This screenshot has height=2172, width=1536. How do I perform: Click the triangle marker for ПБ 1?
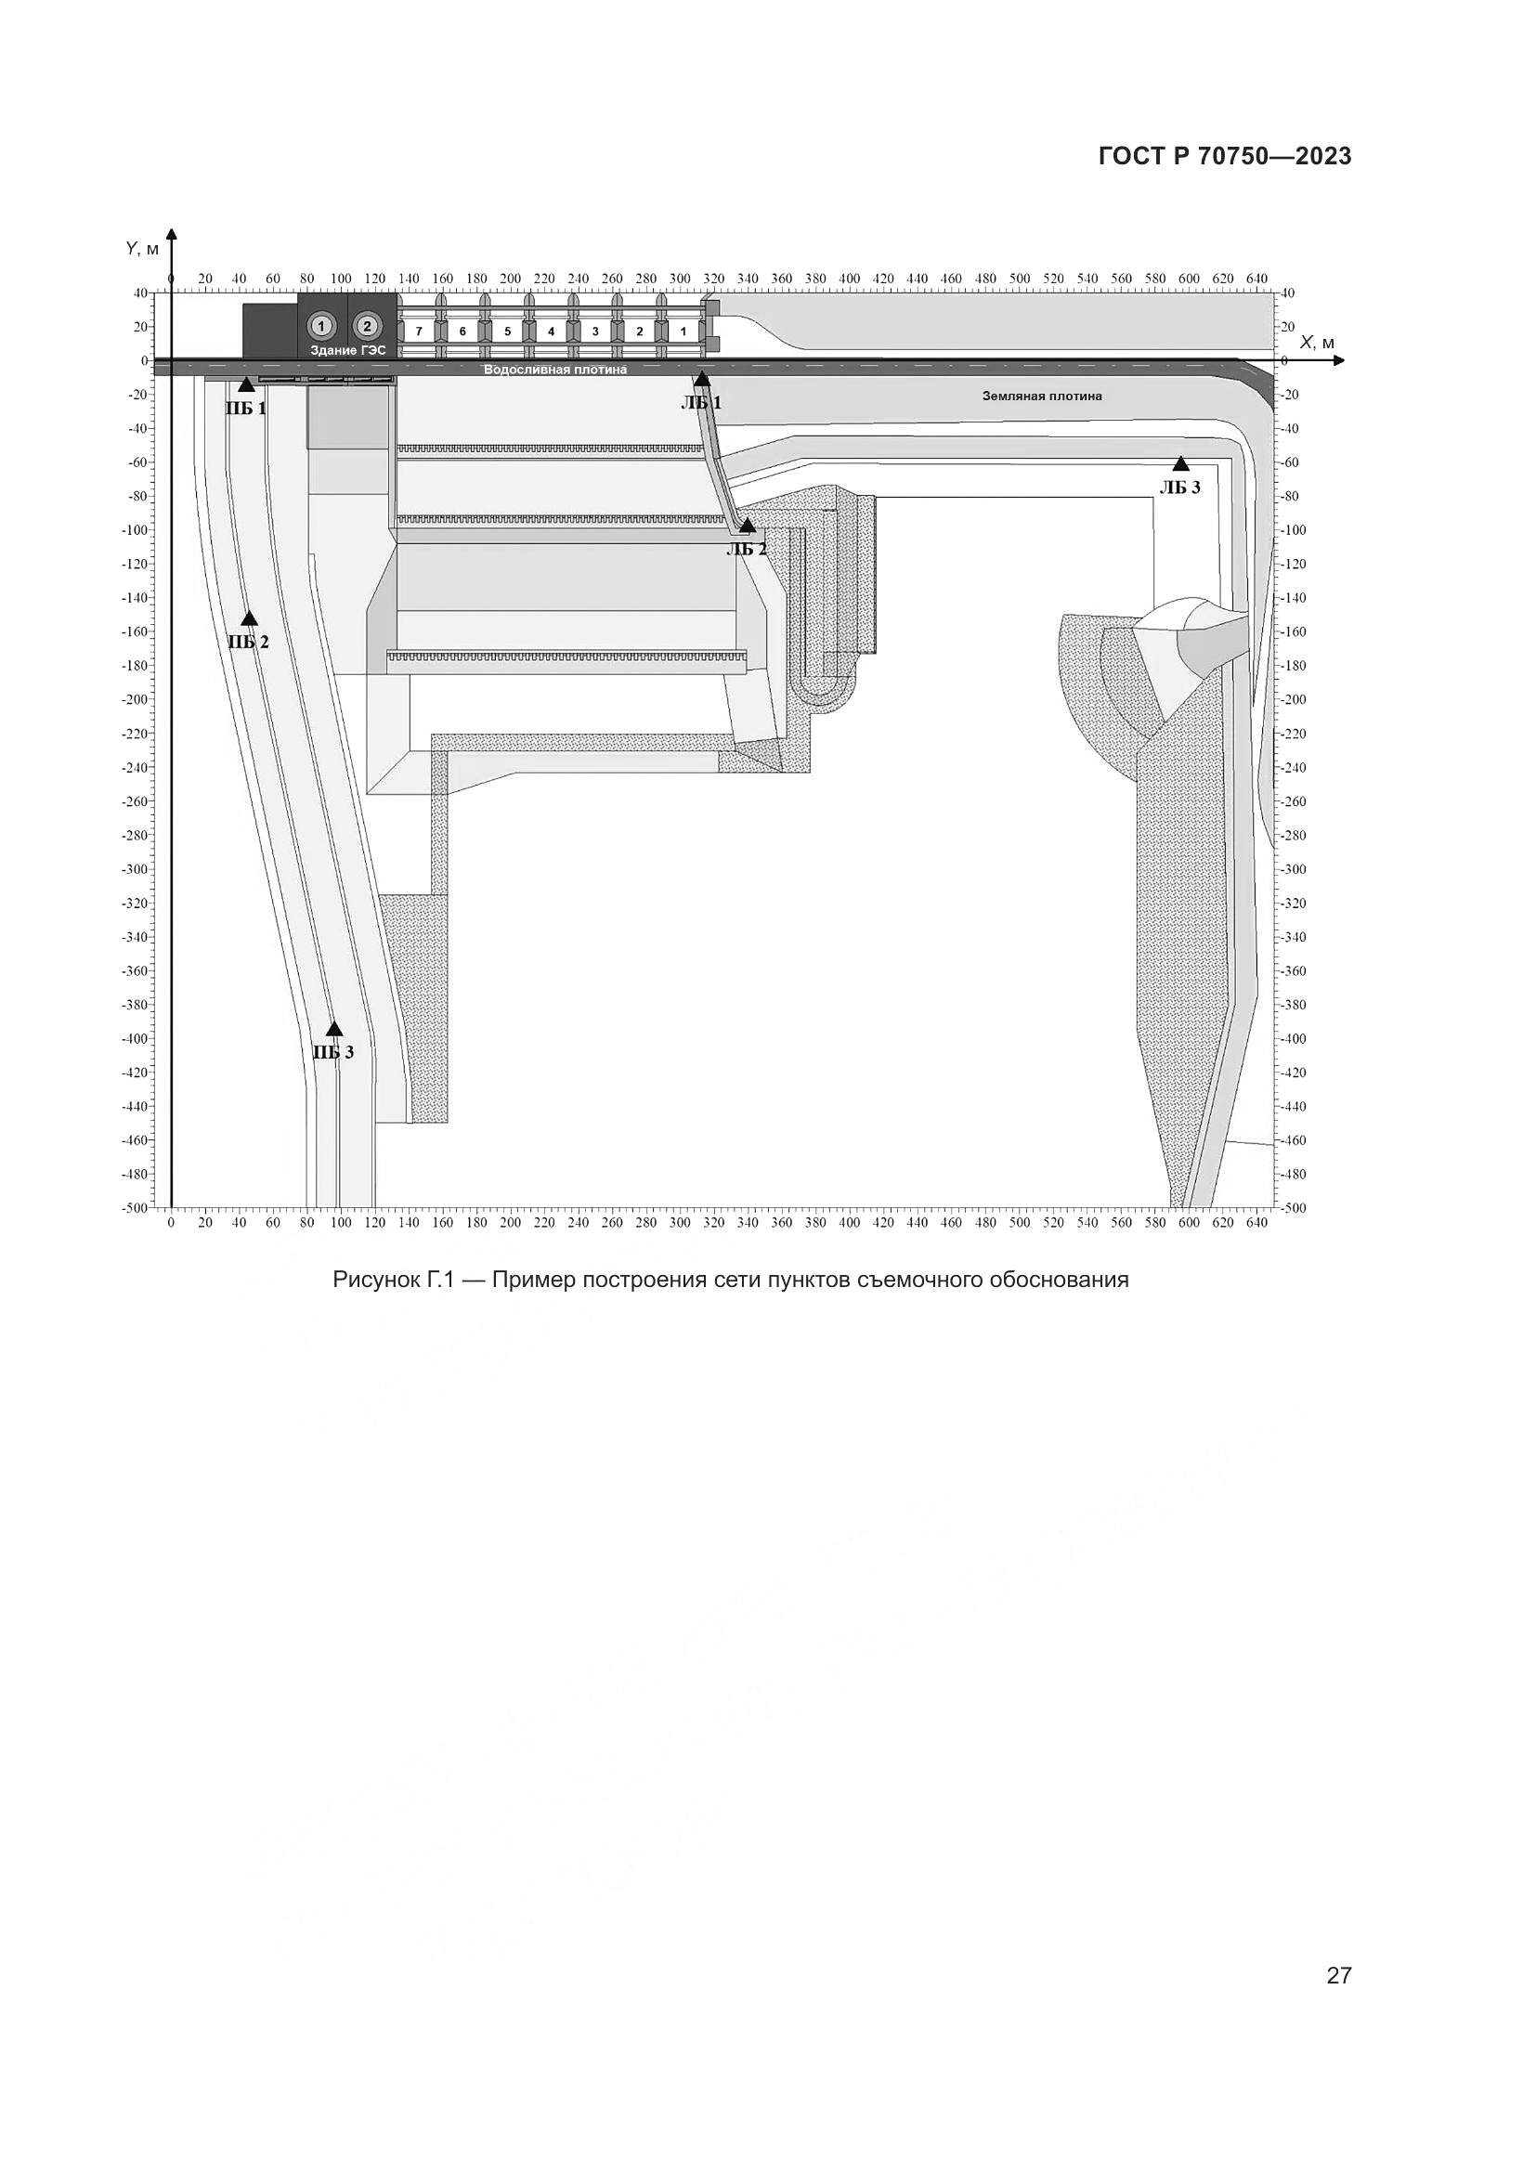point(247,384)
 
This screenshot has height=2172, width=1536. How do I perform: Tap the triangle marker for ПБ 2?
point(250,618)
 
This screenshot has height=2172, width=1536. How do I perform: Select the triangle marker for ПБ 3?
point(334,1029)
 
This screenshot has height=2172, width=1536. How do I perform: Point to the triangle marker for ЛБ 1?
point(702,378)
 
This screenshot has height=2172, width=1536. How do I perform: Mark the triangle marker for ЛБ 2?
point(748,525)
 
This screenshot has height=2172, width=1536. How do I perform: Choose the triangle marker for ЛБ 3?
point(1180,463)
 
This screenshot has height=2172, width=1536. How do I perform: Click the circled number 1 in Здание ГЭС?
point(321,326)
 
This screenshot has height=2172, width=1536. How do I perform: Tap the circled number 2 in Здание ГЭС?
point(367,326)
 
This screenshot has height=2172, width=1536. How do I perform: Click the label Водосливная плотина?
point(555,370)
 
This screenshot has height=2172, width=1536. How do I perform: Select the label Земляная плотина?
point(1041,397)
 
